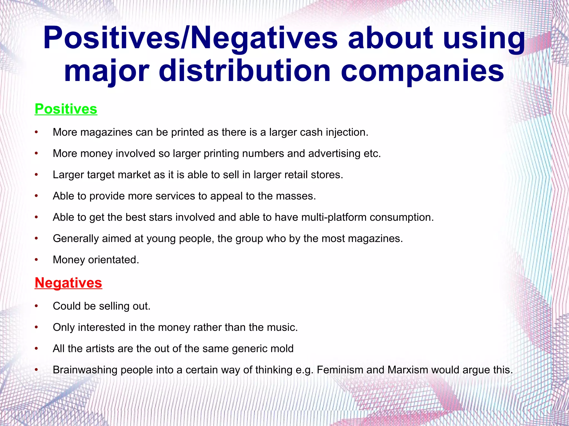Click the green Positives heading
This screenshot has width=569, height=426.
click(x=66, y=109)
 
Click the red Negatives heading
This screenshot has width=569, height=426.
click(x=68, y=283)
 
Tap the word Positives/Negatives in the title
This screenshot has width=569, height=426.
click(x=190, y=38)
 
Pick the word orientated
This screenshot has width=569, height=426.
click(x=113, y=260)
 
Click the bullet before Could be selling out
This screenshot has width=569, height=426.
click(x=36, y=306)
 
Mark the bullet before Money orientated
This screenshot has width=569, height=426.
click(x=36, y=260)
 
